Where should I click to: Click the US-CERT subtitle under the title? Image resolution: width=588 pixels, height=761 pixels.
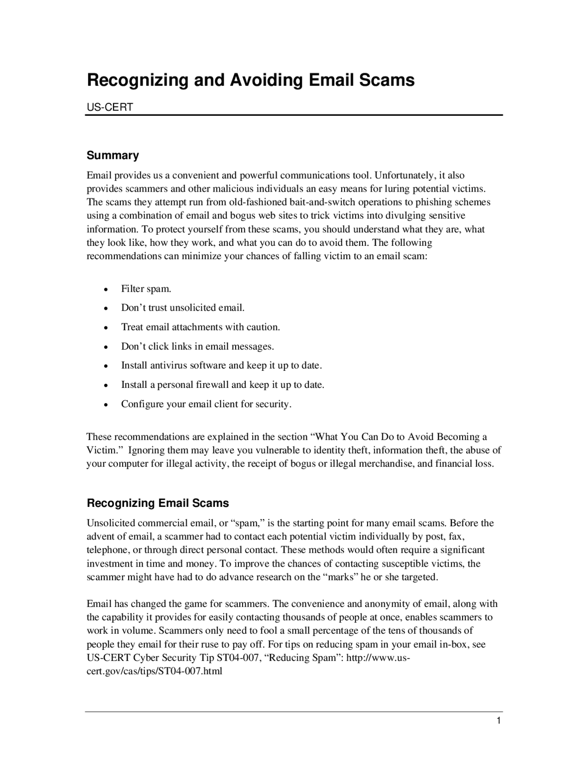pos(110,108)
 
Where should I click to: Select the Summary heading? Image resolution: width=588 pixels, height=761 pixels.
pos(113,155)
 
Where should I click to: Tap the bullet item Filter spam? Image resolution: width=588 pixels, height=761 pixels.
pos(146,289)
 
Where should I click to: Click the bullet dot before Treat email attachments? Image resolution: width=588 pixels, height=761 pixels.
pos(106,328)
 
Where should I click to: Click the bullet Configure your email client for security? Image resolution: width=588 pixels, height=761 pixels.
pos(206,404)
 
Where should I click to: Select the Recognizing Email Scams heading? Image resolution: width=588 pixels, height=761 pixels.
pos(158,503)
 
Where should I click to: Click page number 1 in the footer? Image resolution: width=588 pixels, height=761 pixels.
pos(498,721)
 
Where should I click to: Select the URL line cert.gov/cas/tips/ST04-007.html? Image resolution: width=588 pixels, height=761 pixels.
pos(154,671)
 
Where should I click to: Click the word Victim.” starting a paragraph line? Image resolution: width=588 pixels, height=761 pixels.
pos(103,450)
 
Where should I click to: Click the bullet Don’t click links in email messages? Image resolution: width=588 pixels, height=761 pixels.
pos(197,346)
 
